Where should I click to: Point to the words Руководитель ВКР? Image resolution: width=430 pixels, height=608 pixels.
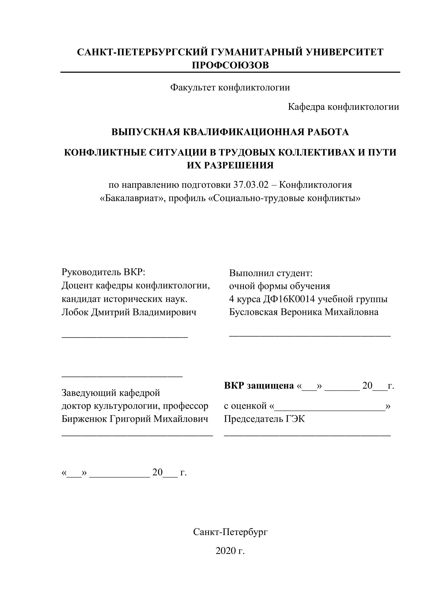pos(103,272)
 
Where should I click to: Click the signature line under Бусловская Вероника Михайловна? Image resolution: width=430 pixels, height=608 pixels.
pos(310,336)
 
